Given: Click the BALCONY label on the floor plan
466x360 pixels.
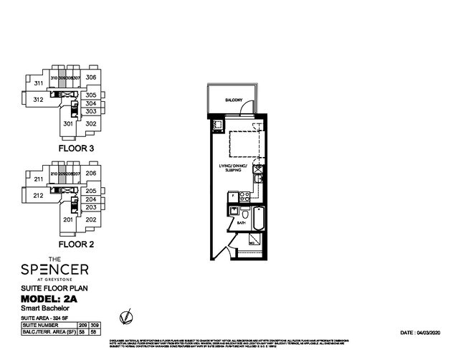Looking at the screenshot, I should tap(234, 100).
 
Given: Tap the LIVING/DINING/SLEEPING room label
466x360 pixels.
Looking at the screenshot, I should tap(233, 169).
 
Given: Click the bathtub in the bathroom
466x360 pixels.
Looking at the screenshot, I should tap(260, 217).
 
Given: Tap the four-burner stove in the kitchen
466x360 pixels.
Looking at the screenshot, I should tap(244, 195).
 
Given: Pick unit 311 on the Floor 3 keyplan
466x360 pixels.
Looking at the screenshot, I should tap(38, 83).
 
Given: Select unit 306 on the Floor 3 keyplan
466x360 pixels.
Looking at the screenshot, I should tap(91, 77).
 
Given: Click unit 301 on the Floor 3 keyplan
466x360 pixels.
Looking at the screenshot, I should tap(68, 123).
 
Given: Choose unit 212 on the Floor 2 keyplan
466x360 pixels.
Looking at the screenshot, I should tap(38, 195).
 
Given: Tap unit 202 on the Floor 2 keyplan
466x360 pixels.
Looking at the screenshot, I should tap(90, 219).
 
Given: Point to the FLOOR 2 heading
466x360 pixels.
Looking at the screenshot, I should tap(77, 244).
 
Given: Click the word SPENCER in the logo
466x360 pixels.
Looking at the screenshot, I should tap(54, 270).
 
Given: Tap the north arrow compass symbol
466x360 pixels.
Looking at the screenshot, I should tap(126, 315).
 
